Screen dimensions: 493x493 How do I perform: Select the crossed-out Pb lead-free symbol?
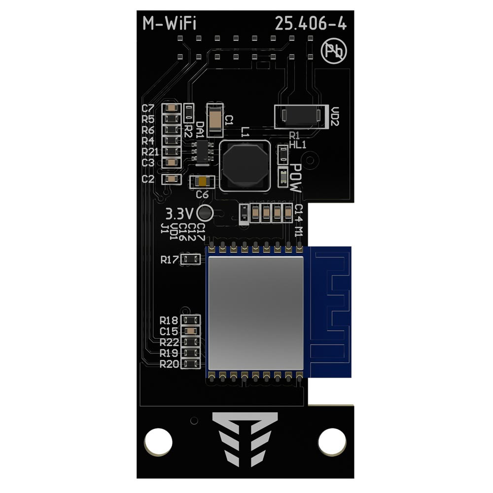click(334, 51)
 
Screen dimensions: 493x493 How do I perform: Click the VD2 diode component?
click(300, 116)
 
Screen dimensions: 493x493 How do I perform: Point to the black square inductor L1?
click(245, 166)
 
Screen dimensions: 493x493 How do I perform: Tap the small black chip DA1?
click(203, 151)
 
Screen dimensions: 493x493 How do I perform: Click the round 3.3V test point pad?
click(204, 213)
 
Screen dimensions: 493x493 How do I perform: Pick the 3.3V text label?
click(179, 214)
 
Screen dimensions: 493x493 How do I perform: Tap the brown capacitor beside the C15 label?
click(191, 331)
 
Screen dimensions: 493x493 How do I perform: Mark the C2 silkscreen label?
click(148, 179)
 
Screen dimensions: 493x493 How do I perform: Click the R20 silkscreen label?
click(169, 364)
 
